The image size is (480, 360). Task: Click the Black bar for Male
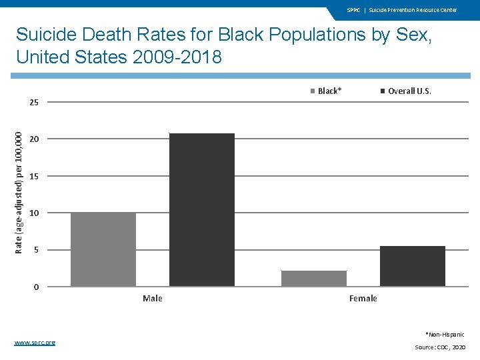click(103, 249)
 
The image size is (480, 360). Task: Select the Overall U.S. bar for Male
click(202, 210)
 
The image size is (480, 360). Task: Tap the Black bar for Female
click(314, 279)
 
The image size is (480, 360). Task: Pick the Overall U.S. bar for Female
click(413, 266)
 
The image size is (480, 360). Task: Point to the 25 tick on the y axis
click(34, 103)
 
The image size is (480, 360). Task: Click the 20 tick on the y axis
click(34, 139)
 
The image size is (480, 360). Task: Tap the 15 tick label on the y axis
click(34, 177)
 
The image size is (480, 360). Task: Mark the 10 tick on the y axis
click(34, 213)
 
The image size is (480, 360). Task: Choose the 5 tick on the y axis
click(36, 250)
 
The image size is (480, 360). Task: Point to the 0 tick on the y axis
click(36, 287)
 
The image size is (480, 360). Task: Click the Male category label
click(153, 298)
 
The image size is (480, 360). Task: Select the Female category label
click(363, 298)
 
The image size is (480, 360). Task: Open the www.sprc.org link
click(35, 342)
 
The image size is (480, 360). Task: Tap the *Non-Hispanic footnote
click(445, 334)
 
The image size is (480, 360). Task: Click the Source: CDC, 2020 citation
click(440, 347)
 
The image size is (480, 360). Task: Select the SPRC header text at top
click(353, 10)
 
